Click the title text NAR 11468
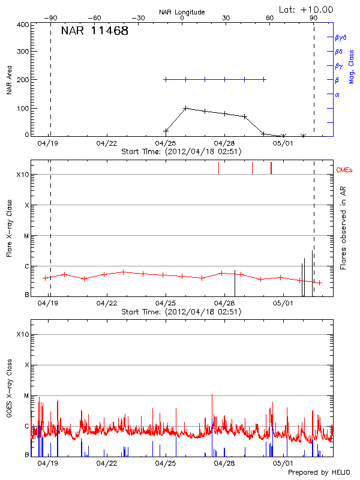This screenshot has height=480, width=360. coord(95,31)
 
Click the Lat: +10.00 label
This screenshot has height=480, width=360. coord(307,9)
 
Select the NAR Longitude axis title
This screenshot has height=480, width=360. coord(182,12)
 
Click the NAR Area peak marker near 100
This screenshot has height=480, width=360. coord(185,108)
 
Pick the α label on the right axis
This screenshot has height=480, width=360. coord(337,94)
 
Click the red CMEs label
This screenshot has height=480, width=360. coord(345,170)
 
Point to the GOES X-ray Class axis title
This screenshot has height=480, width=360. coord(9,393)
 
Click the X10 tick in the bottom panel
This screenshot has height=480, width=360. coord(23,334)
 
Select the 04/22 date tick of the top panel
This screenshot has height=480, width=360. coord(106,144)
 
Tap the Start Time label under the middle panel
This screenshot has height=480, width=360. coord(181,312)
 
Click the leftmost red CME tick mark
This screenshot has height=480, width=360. coord(218,168)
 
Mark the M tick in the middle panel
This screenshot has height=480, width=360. coord(27,236)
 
